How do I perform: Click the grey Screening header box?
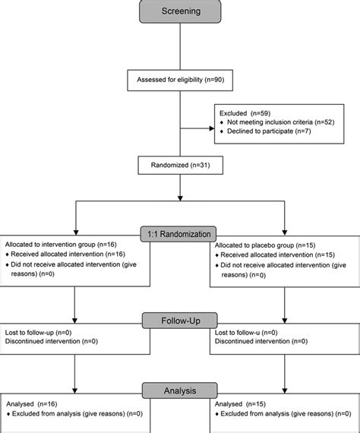coord(180,11)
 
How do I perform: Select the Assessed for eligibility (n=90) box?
coord(180,81)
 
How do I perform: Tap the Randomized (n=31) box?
coord(181,165)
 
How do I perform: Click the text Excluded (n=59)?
coord(245,113)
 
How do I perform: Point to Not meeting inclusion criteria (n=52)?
coord(280,122)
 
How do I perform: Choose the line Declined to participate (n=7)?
coord(269,131)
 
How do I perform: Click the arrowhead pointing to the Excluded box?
coord(212,128)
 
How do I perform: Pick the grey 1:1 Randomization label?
coord(178,234)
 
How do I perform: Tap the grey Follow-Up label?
coord(180,321)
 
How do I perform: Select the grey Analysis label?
coord(180,390)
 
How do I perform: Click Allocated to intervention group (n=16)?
coord(61,245)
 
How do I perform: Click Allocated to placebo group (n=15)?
coord(265,245)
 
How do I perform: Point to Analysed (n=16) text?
coord(32,404)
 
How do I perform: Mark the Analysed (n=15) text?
coord(240,404)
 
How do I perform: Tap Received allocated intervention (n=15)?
coord(277,254)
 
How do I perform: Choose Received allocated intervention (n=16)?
coord(68,254)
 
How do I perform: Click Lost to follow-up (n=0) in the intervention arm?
coord(38,333)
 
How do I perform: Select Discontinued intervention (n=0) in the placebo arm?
coord(261,341)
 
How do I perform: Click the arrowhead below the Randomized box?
coord(180,198)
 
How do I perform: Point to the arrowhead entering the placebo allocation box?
coord(285,232)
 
